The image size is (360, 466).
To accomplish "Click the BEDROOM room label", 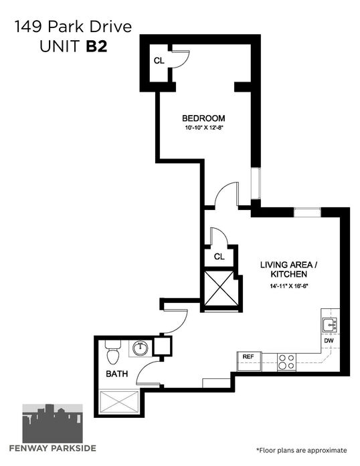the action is pyautogui.click(x=203, y=118).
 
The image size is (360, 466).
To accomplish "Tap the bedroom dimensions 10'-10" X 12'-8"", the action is pyautogui.click(x=204, y=128).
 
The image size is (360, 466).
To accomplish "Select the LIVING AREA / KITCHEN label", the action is pyautogui.click(x=288, y=269).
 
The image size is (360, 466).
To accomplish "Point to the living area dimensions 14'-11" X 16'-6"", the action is pyautogui.click(x=288, y=286).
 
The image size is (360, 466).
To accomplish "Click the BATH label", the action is pyautogui.click(x=117, y=374).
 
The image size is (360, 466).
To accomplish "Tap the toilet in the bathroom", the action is pyautogui.click(x=113, y=352).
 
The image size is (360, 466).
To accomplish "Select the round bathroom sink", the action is pyautogui.click(x=140, y=348).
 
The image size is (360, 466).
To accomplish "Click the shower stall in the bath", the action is pyautogui.click(x=119, y=402).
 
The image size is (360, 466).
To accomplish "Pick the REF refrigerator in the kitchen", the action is pyautogui.click(x=249, y=361).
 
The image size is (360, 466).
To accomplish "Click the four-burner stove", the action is pyautogui.click(x=287, y=362).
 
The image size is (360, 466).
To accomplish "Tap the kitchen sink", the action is pyautogui.click(x=330, y=325).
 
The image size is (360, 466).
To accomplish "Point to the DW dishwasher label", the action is pyautogui.click(x=329, y=341).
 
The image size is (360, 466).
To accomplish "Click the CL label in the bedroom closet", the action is pyautogui.click(x=159, y=61).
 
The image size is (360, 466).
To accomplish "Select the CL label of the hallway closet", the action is pyautogui.click(x=219, y=257).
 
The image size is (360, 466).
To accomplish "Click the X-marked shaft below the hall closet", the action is pyautogui.click(x=221, y=288).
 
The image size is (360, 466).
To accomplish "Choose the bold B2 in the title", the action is pyautogui.click(x=97, y=46).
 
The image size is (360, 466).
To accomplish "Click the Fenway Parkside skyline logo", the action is pyautogui.click(x=53, y=423).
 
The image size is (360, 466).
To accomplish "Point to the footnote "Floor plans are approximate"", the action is pyautogui.click(x=301, y=450).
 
